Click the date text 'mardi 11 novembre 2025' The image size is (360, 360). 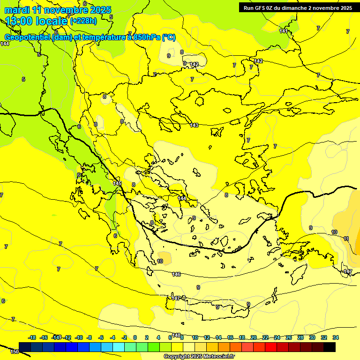tap(58, 10)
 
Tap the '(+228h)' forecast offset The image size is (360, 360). tap(83, 21)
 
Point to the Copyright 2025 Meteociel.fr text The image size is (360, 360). tap(199, 356)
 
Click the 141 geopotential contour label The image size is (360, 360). tap(284, 31)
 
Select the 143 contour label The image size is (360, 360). tap(194, 125)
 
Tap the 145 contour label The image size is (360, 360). tap(117, 183)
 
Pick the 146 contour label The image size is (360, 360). tap(176, 274)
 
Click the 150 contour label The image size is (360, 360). tap(15, 352)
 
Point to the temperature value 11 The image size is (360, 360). tap(346, 239)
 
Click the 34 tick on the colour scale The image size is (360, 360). tap(336, 337)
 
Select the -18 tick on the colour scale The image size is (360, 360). tap(32, 337)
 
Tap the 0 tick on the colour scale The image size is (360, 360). tap(135, 337)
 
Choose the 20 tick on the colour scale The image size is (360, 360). tap(254, 337)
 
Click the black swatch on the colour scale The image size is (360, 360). tap(330, 347)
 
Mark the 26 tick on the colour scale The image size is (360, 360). tap(288, 337)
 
